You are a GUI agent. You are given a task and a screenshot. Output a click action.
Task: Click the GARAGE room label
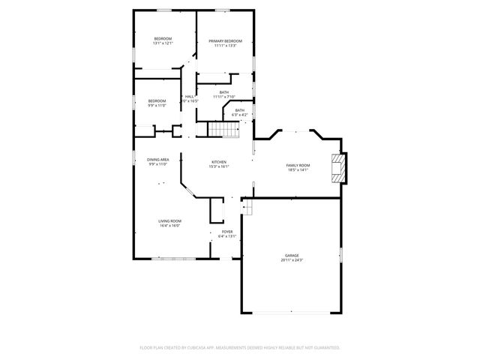(x=292, y=255)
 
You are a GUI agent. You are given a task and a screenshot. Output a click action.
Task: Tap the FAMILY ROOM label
(x=298, y=165)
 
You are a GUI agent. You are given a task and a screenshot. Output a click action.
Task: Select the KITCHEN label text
(x=219, y=162)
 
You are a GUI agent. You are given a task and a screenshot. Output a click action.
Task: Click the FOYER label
(x=226, y=232)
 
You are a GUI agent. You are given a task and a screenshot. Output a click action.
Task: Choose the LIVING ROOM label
(x=169, y=220)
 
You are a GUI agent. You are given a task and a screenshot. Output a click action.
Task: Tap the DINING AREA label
(x=157, y=159)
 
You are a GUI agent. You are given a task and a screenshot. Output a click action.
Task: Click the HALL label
(x=190, y=96)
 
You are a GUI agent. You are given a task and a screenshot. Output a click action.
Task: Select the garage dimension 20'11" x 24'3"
(x=292, y=259)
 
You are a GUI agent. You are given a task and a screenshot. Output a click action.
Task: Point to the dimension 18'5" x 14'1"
(x=298, y=170)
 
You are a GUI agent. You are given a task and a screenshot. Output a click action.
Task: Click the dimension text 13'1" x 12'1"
(x=163, y=43)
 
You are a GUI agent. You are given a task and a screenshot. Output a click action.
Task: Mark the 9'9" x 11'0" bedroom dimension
(x=157, y=106)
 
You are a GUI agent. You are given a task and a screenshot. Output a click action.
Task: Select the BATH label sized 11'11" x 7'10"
(x=224, y=92)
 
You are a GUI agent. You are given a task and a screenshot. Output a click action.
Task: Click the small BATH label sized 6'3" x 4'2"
(x=239, y=110)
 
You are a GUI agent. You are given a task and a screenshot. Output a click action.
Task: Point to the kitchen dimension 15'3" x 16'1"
(x=219, y=167)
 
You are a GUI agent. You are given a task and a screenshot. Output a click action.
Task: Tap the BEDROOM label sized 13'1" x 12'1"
(x=163, y=39)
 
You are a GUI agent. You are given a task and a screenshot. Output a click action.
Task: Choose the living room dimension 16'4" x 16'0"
(x=169, y=226)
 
